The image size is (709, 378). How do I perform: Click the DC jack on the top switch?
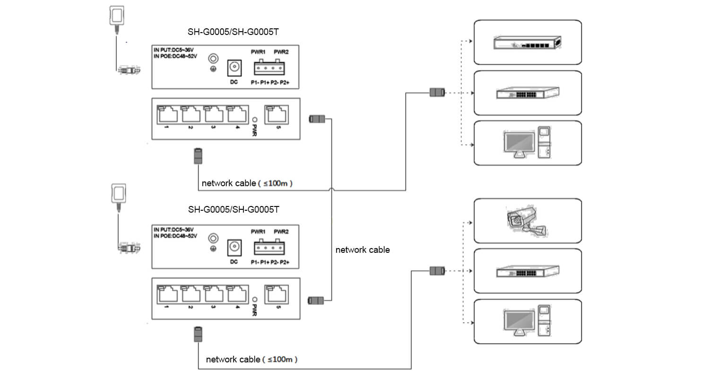[x=234, y=68]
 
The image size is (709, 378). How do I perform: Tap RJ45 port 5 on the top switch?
[x=277, y=114]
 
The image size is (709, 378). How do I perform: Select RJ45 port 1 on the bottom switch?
[x=168, y=294]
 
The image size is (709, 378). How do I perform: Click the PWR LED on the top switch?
[x=255, y=120]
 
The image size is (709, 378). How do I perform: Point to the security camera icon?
[x=527, y=222]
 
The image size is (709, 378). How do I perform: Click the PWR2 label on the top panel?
[x=281, y=52]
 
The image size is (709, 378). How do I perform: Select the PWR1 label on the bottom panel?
[x=258, y=232]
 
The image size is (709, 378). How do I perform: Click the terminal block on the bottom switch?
[x=269, y=248]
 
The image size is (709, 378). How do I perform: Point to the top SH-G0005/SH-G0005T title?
[x=233, y=32]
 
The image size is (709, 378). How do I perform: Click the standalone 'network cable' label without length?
[x=363, y=250]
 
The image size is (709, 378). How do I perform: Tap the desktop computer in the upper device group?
[x=527, y=142]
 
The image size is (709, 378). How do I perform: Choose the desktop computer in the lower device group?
[x=527, y=321]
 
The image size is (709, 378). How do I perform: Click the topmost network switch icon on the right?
[x=527, y=43]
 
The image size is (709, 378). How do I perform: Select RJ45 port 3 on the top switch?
[x=214, y=114]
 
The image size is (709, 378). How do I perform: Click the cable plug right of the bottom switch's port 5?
[x=316, y=301]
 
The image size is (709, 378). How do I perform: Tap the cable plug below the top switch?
[x=198, y=156]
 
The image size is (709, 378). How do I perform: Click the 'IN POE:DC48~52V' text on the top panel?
[x=175, y=56]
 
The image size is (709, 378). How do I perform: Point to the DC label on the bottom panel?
[x=234, y=262]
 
